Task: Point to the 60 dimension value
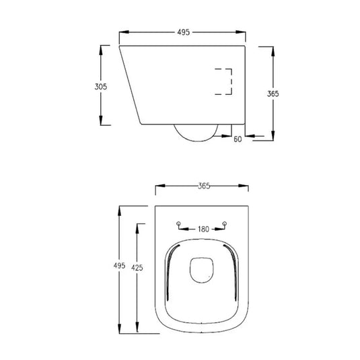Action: [x=238, y=139]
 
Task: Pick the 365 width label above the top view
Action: [x=204, y=186]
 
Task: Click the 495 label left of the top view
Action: [x=120, y=266]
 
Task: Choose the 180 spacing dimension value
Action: [x=203, y=229]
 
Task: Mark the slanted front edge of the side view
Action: [x=129, y=86]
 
